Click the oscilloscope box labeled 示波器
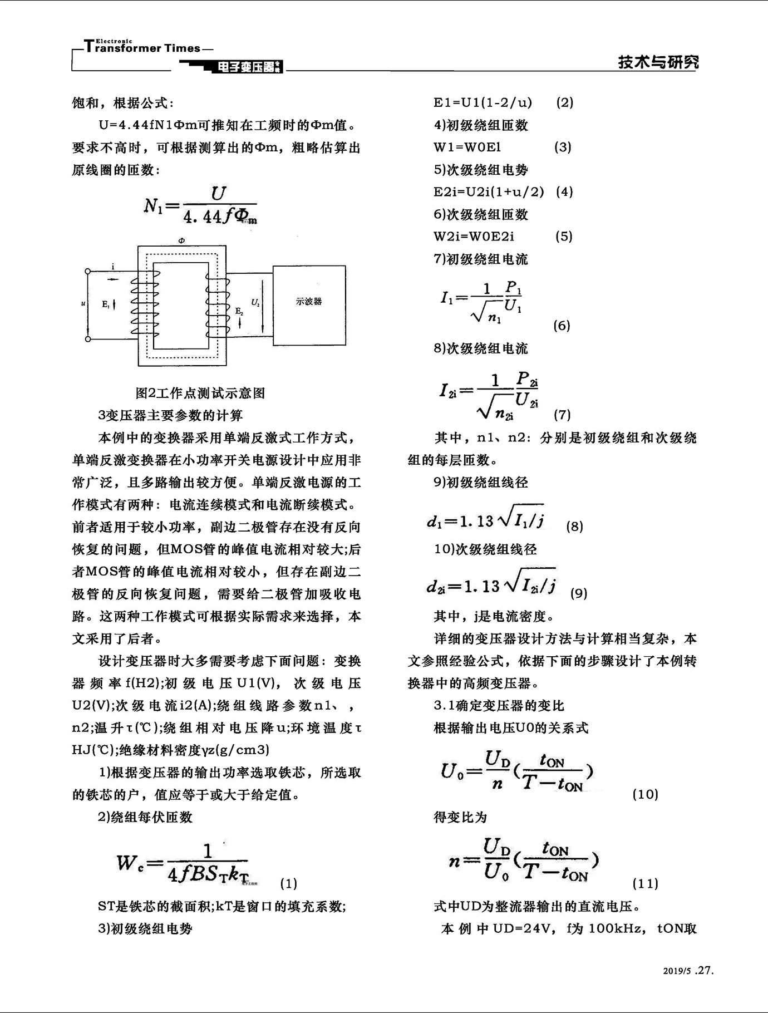[309, 304]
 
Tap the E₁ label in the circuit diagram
[106, 304]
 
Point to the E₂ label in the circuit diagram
[239, 311]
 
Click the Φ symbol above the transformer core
[181, 240]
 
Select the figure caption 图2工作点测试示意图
[200, 393]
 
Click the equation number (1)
[288, 883]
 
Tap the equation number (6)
[562, 326]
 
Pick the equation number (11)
[645, 883]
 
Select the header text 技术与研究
[658, 62]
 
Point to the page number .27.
[704, 970]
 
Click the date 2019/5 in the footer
[676, 971]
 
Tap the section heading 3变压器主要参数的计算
[170, 415]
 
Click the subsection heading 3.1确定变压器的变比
[499, 705]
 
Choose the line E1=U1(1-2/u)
[483, 102]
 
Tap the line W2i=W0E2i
[474, 236]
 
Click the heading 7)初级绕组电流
[481, 259]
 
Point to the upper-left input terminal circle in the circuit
[87, 271]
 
